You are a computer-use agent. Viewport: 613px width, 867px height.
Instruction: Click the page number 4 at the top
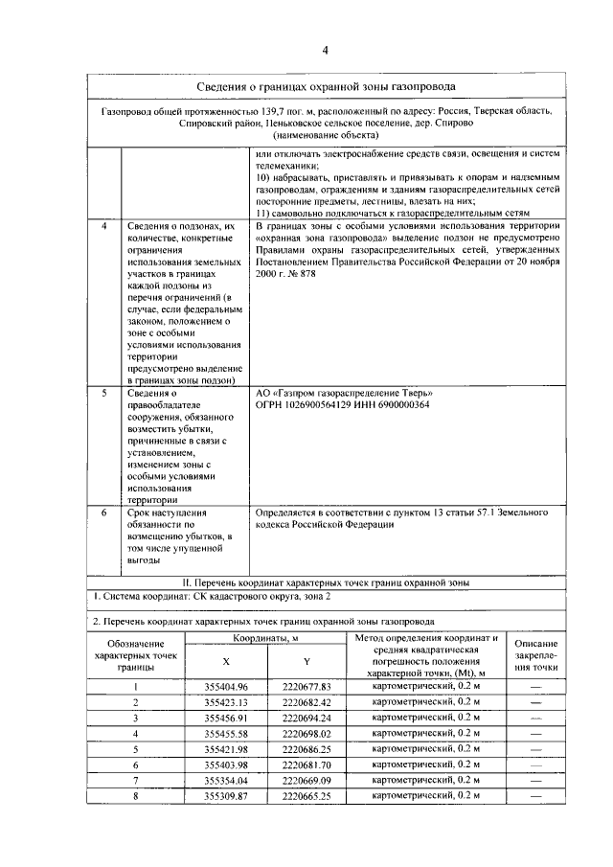coord(325,50)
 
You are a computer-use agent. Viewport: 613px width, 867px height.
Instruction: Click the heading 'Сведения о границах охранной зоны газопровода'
coord(325,88)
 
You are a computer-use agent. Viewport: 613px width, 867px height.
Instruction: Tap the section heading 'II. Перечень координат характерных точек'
coord(325,582)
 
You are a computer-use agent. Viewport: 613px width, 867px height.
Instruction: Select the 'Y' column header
coord(306,662)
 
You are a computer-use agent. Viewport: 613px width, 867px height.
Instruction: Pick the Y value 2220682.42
coord(306,702)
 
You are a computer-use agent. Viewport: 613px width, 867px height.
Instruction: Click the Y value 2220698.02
coord(306,733)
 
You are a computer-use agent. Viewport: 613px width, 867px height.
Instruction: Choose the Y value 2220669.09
coord(306,780)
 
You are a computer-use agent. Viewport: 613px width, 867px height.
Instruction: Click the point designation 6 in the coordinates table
coord(136,764)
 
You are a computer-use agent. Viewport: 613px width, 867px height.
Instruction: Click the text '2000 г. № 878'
coord(285,273)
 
